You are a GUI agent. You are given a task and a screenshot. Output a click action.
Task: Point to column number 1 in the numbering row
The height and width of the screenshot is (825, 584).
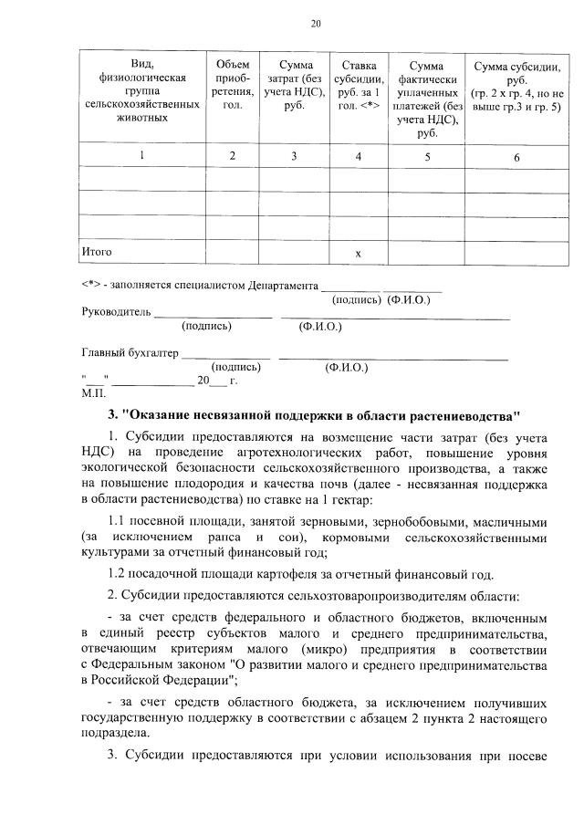[x=141, y=156]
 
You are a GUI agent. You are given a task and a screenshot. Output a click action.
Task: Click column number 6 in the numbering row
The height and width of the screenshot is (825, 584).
[x=516, y=157]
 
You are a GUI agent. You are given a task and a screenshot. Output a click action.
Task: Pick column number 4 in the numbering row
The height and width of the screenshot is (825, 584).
[x=359, y=156]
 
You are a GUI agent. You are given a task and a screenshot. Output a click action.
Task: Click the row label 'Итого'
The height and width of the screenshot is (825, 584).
[x=97, y=250]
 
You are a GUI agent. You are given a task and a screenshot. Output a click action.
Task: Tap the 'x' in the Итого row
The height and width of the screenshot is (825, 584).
[x=359, y=251]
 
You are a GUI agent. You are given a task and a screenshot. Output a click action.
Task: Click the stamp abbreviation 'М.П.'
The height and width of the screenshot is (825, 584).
[x=93, y=394]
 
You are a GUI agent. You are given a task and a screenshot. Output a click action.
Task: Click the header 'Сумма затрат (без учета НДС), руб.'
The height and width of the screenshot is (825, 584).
[x=294, y=85]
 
